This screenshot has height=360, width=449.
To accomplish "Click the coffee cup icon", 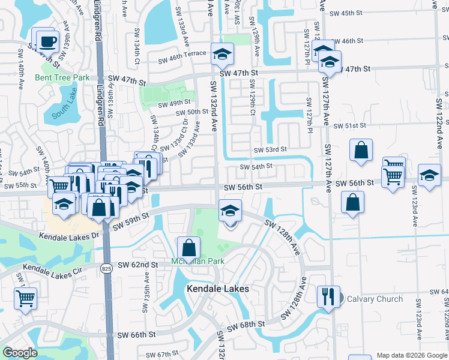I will [x=47, y=41].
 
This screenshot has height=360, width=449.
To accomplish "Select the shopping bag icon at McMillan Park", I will [x=188, y=247].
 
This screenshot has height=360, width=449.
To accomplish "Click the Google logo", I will [x=20, y=353].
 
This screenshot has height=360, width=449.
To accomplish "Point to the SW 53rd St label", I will [x=270, y=149].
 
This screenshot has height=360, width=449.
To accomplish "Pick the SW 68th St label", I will [x=247, y=324].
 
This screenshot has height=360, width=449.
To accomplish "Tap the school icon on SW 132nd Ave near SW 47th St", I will [x=222, y=55].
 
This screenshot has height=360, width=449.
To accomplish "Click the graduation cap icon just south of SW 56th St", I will [x=230, y=211].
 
